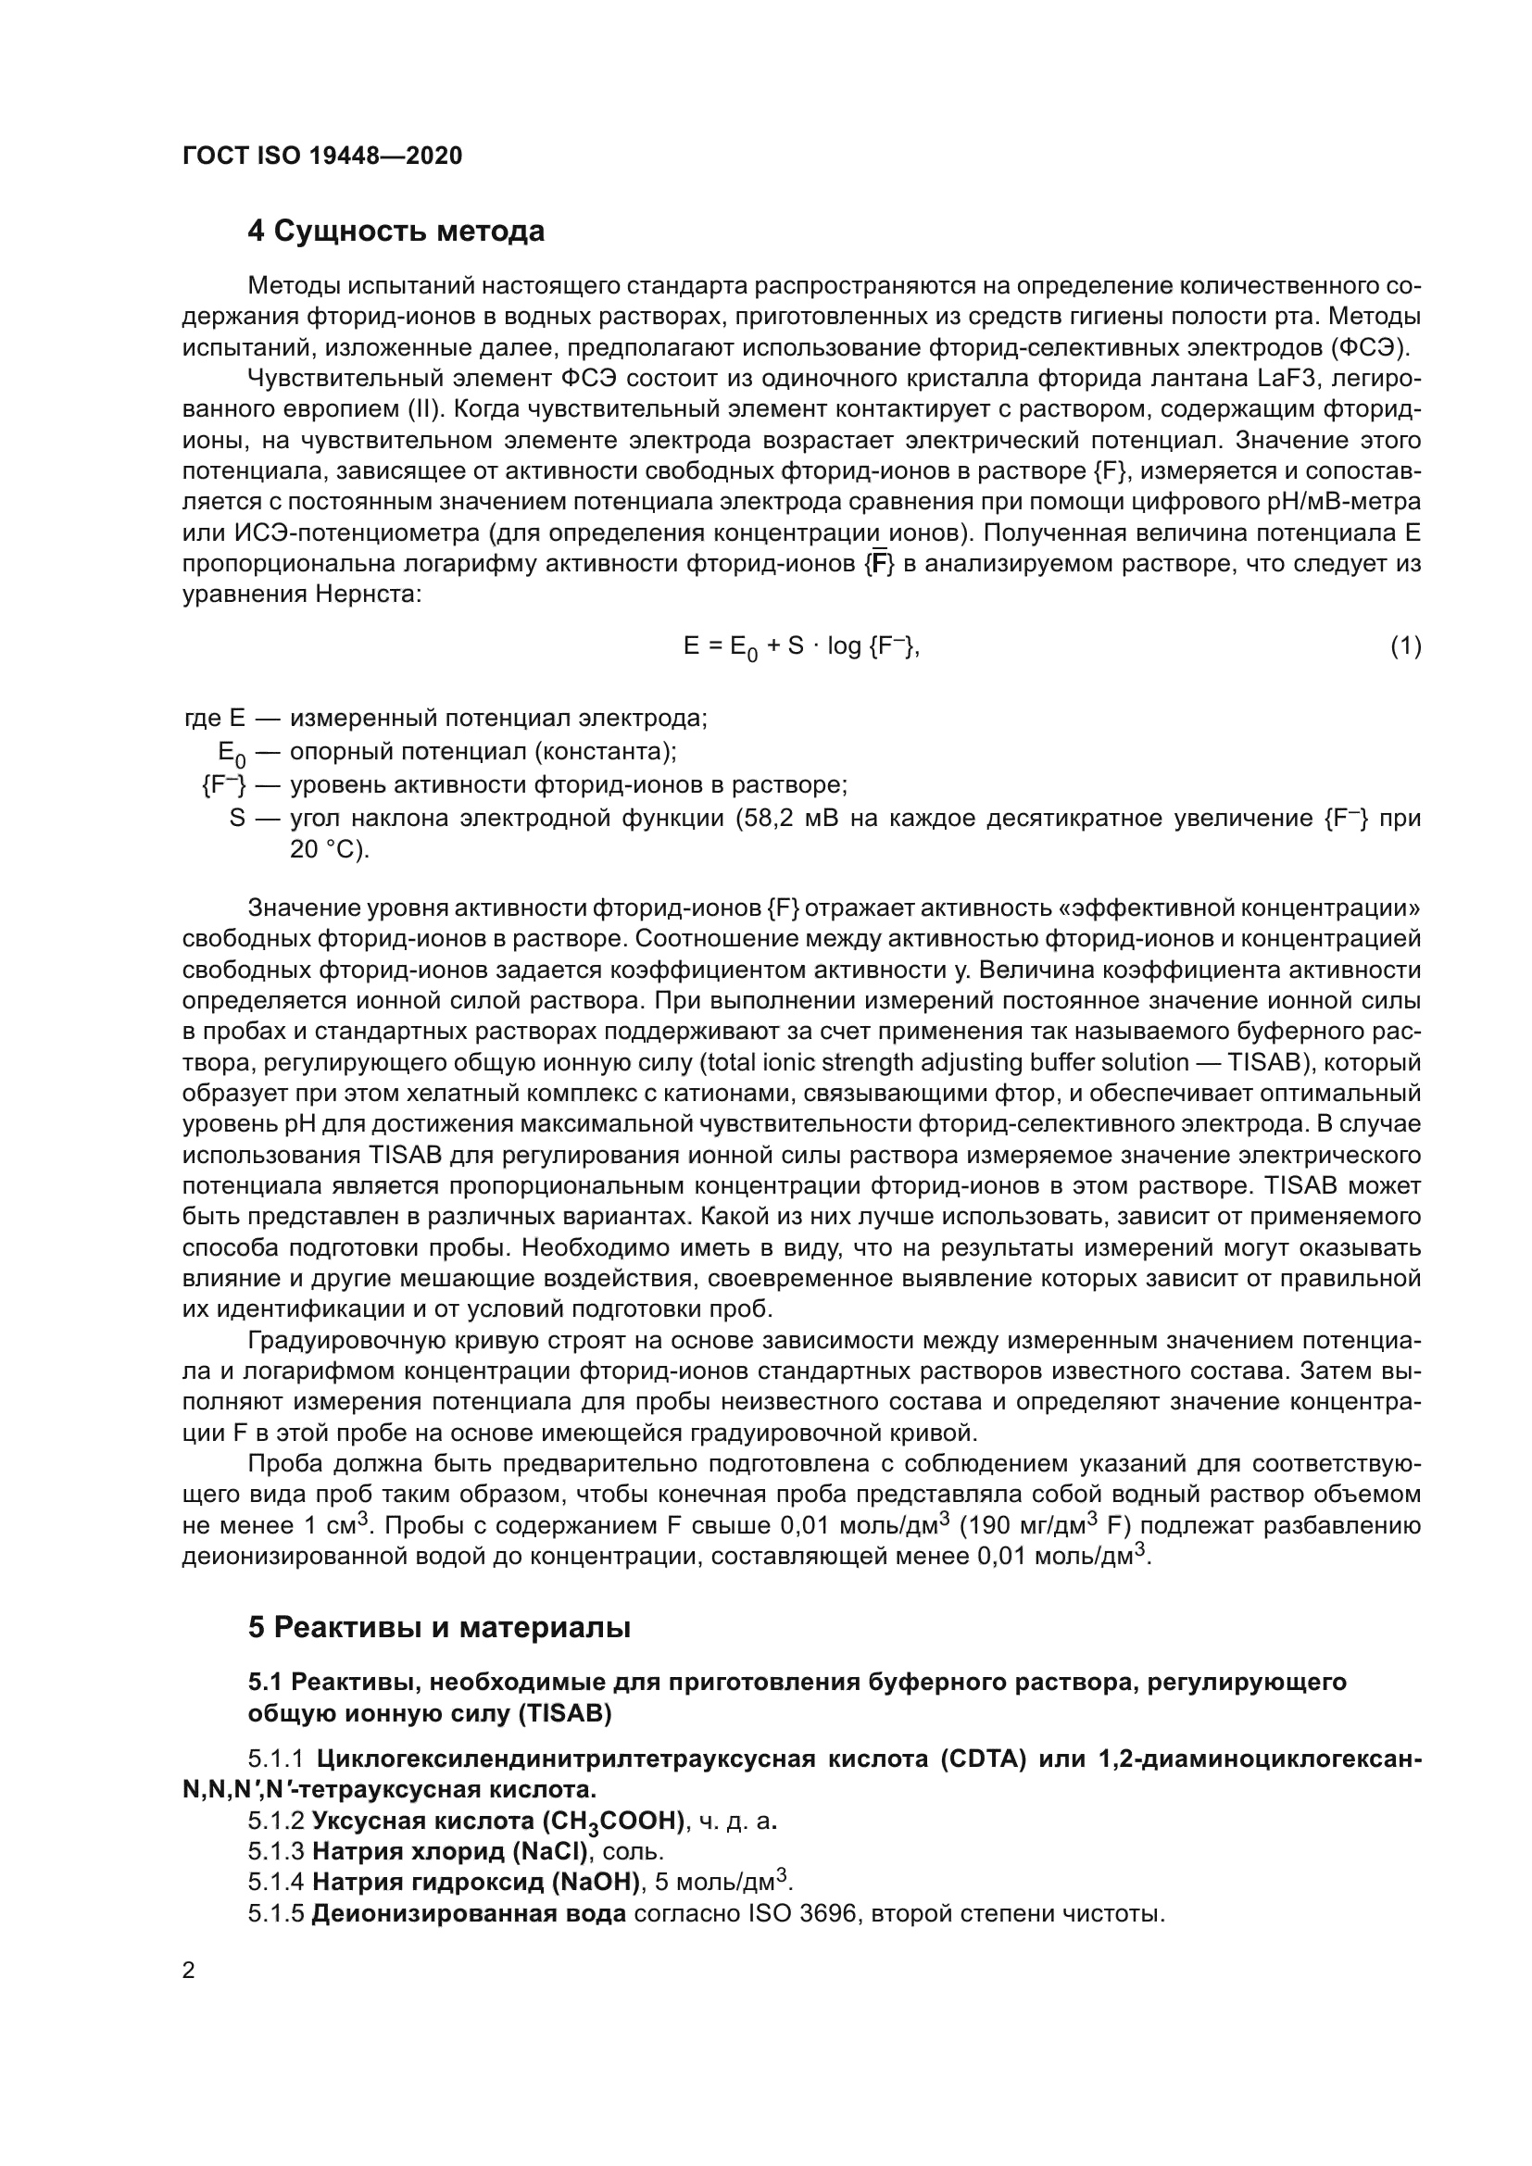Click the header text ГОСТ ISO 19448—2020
(x=321, y=157)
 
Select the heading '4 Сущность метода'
(x=396, y=232)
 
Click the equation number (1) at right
(x=1405, y=646)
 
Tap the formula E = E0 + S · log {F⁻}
(x=801, y=647)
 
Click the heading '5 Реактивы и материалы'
(x=439, y=1627)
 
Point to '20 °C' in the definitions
(x=328, y=849)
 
